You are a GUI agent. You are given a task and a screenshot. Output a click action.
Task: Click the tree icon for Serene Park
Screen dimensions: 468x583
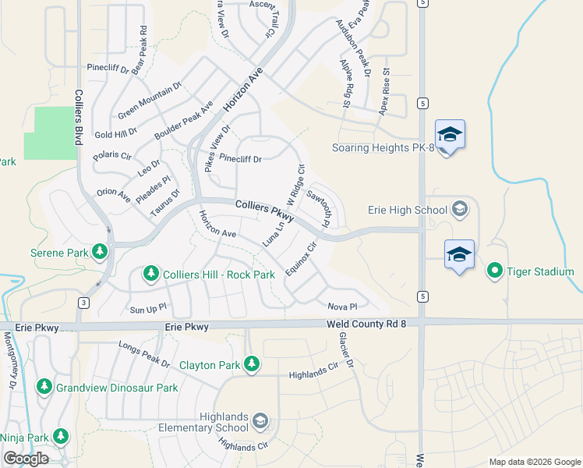point(99,251)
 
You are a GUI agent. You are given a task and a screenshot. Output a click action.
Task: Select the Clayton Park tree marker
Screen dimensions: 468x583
point(251,364)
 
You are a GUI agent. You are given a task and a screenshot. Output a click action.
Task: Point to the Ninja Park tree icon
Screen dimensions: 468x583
point(61,437)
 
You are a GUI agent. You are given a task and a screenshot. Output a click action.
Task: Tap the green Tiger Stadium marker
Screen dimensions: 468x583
point(494,271)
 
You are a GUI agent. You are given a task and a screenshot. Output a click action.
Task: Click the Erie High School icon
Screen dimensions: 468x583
point(459,209)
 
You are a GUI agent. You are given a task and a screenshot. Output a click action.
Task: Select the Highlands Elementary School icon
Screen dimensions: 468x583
point(260,422)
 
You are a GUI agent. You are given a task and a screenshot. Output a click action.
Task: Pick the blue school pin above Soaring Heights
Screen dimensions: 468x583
point(450,136)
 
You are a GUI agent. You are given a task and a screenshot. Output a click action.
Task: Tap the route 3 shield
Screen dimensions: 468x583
point(83,302)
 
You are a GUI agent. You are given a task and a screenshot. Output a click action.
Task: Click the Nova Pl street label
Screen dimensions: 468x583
point(341,307)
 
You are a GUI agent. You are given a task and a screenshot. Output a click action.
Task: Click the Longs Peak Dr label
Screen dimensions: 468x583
point(144,355)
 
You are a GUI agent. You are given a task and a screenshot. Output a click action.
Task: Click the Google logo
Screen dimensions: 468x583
point(26,459)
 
